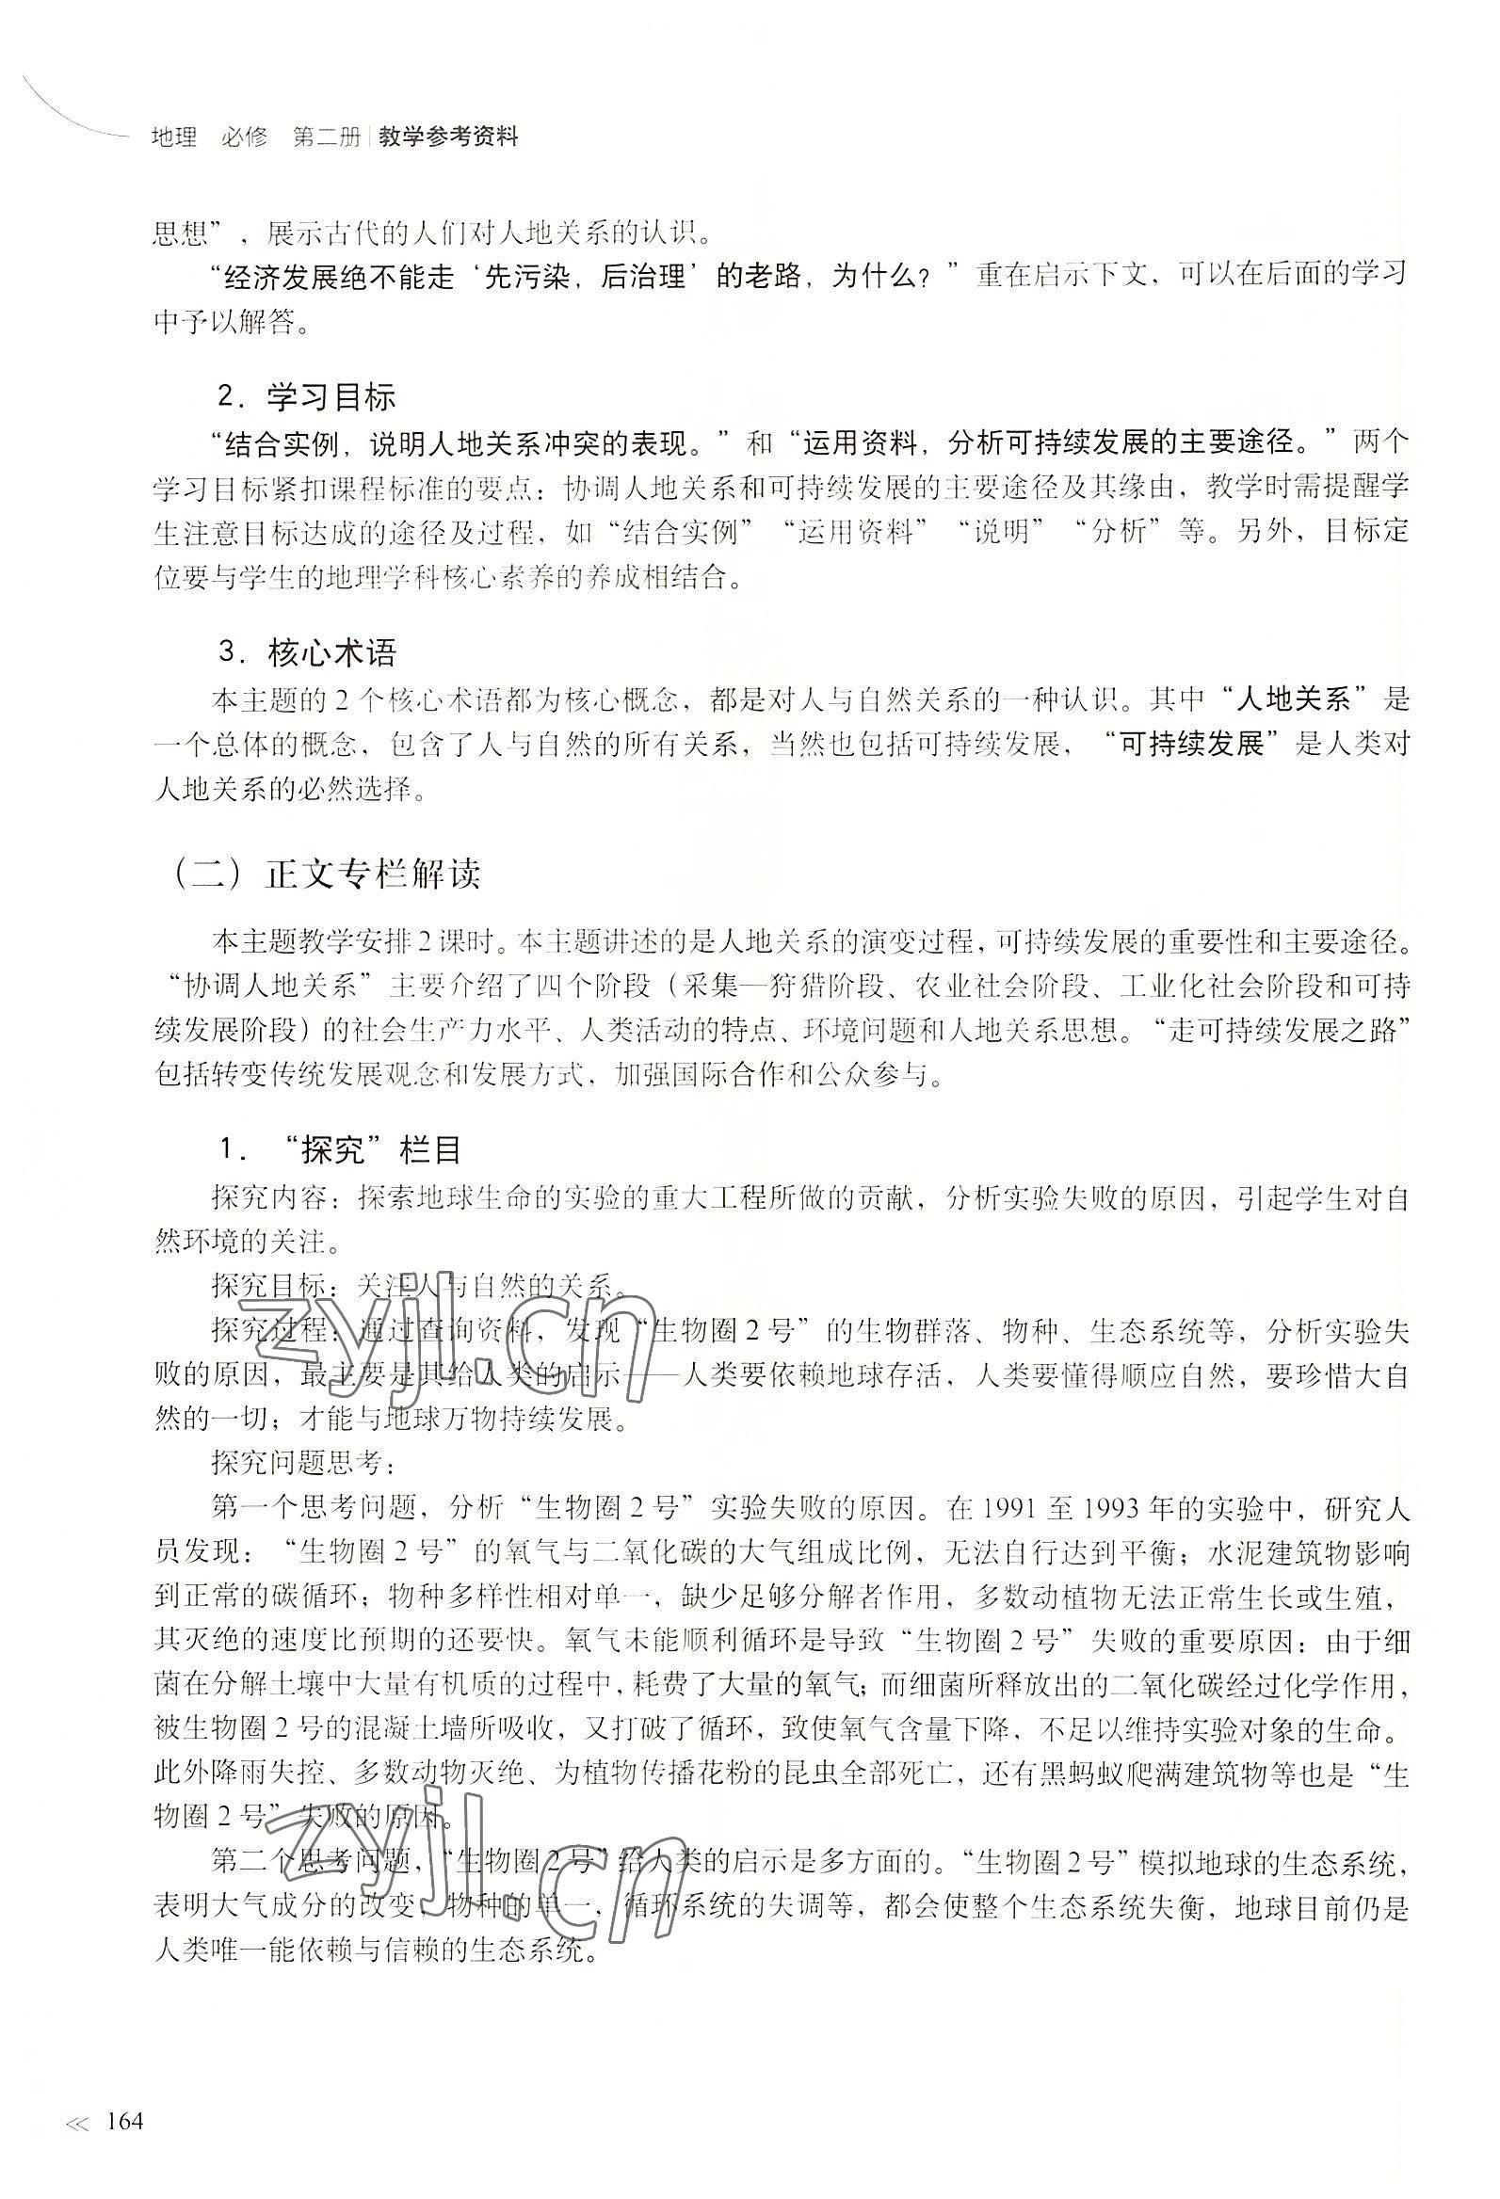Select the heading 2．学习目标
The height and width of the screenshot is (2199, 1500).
[306, 397]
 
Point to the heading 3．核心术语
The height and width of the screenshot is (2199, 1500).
[307, 653]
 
